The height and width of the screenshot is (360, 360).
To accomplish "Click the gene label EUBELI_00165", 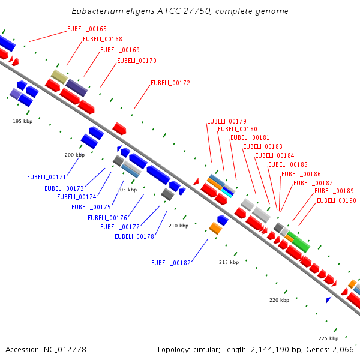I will coord(87,29).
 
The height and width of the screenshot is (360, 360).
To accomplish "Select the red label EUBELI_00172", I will coord(170,83).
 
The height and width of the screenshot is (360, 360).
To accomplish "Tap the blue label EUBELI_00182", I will coord(171,263).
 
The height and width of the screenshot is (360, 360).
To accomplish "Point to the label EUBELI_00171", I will coord(47,177).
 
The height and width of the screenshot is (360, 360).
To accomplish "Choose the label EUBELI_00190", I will coord(337,200).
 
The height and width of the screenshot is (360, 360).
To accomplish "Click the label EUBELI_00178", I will coord(134,236).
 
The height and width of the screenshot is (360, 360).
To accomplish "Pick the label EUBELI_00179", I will coord(227,121).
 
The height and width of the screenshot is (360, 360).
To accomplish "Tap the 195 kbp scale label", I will coord(23,121).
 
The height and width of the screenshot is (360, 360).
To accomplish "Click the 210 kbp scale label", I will coord(179,226).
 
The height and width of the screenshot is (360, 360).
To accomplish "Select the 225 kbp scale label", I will coord(328,338).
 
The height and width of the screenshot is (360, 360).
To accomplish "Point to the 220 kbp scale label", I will coord(279,300).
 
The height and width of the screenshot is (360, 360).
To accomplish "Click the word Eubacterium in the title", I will coord(93,11).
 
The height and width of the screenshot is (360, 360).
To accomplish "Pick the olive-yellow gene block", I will coord(59,76).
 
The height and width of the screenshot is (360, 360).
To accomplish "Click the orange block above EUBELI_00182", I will coord(215,228).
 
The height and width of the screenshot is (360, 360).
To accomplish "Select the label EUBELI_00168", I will coord(103,39).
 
